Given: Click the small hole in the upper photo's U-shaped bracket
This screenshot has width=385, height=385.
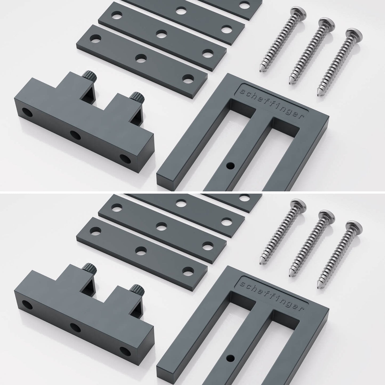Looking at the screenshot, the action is (x=230, y=165).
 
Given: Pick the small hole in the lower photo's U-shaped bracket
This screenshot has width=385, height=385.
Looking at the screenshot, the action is (x=230, y=358).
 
